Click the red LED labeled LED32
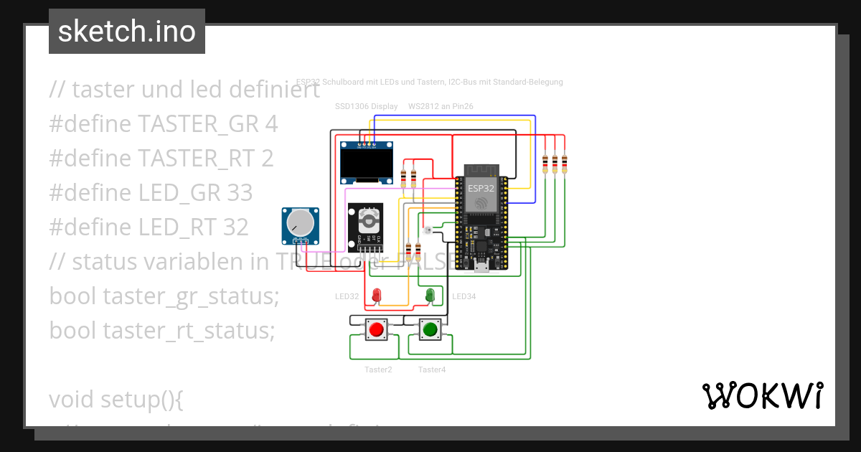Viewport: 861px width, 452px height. tap(376, 294)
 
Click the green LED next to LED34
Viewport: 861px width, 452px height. tap(430, 294)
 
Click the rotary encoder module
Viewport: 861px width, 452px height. tap(366, 225)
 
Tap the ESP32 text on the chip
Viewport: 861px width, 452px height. tap(481, 188)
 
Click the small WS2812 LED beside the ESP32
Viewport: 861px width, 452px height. tap(428, 230)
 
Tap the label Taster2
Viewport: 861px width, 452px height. tap(378, 369)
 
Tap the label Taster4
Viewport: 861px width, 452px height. tap(432, 369)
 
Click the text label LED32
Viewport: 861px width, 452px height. tap(347, 296)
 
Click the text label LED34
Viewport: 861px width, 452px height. tap(464, 296)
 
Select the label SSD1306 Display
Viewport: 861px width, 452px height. tap(366, 106)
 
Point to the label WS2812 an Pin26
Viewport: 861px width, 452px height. tap(440, 106)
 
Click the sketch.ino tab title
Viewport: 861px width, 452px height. tap(127, 32)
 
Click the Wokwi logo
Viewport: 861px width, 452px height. tap(762, 395)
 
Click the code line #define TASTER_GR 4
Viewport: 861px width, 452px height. tap(164, 124)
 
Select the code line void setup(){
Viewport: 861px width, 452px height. tap(116, 399)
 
